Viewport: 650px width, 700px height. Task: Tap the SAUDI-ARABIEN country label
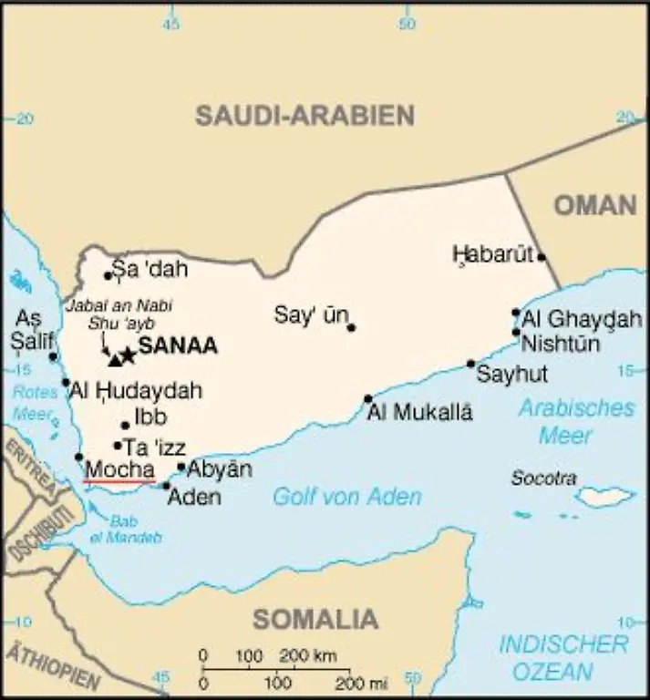[305, 116]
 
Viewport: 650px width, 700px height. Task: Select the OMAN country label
[594, 205]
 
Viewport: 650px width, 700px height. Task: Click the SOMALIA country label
[315, 620]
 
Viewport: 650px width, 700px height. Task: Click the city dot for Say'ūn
[351, 327]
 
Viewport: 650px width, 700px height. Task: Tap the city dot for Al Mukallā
[368, 398]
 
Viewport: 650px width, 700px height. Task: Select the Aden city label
[195, 498]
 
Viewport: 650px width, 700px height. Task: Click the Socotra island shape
[604, 497]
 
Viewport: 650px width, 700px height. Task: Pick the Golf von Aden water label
[347, 497]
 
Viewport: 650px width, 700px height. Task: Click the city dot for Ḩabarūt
[541, 257]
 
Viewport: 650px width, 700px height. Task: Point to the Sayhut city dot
[471, 364]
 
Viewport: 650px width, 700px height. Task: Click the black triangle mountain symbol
[113, 360]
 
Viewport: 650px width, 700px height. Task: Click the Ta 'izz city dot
[118, 446]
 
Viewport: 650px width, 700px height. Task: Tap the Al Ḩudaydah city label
[135, 391]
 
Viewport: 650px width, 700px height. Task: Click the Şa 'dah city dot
[108, 275]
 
